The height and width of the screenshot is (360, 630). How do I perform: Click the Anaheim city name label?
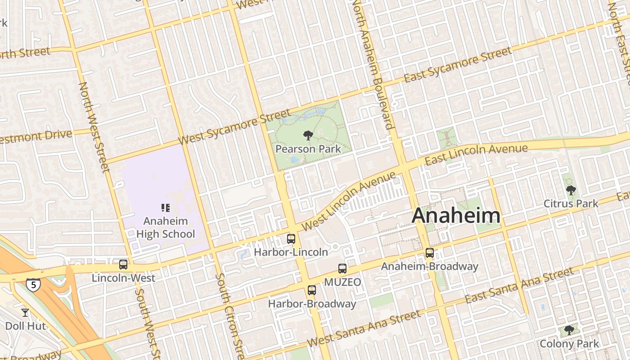(x=456, y=216)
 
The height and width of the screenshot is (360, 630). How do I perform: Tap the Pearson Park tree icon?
(x=308, y=135)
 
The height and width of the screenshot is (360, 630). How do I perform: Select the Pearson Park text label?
(x=308, y=148)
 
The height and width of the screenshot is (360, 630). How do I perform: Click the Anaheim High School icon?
(x=165, y=207)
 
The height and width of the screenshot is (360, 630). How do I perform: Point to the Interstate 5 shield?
(x=33, y=284)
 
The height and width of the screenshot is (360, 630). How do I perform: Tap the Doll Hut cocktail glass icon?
(x=25, y=312)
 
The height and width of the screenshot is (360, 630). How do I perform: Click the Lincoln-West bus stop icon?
(x=123, y=265)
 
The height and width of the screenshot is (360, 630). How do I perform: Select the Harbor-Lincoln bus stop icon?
(x=291, y=239)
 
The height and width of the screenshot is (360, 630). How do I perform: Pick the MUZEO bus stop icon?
(x=342, y=269)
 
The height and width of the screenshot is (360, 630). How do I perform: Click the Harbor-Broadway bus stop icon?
(x=312, y=290)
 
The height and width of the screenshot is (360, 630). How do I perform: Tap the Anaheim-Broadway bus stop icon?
(x=430, y=253)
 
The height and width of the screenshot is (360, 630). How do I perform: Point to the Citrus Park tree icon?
(x=571, y=190)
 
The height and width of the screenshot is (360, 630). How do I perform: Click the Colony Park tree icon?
(x=569, y=330)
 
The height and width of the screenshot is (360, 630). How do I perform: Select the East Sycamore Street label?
(x=458, y=65)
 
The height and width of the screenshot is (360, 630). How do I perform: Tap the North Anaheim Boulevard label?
(x=373, y=63)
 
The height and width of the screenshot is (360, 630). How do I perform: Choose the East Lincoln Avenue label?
(x=476, y=154)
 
